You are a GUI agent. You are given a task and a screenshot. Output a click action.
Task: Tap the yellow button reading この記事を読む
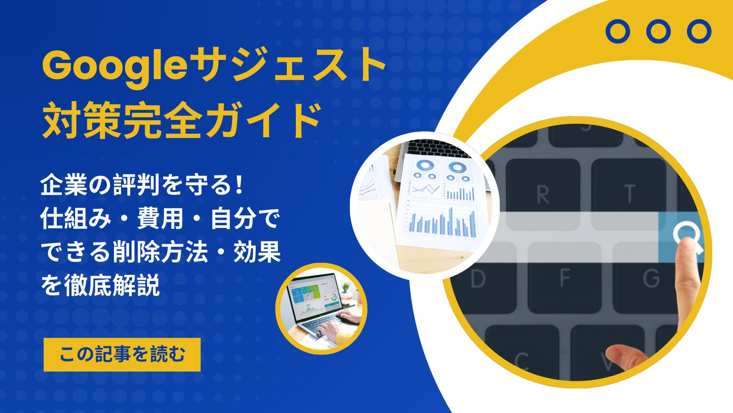click(122, 354)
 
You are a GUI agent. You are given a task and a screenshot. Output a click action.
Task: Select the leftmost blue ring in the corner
click(618, 31)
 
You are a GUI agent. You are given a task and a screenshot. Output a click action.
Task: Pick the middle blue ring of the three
click(658, 31)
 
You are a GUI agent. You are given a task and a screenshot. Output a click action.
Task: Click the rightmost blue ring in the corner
click(699, 31)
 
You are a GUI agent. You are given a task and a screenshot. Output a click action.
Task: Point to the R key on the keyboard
click(543, 194)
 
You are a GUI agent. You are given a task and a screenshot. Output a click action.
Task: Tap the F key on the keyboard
click(565, 278)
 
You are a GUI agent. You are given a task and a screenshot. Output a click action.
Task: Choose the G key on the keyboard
click(651, 278)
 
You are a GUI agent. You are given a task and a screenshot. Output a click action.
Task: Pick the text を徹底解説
click(100, 286)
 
